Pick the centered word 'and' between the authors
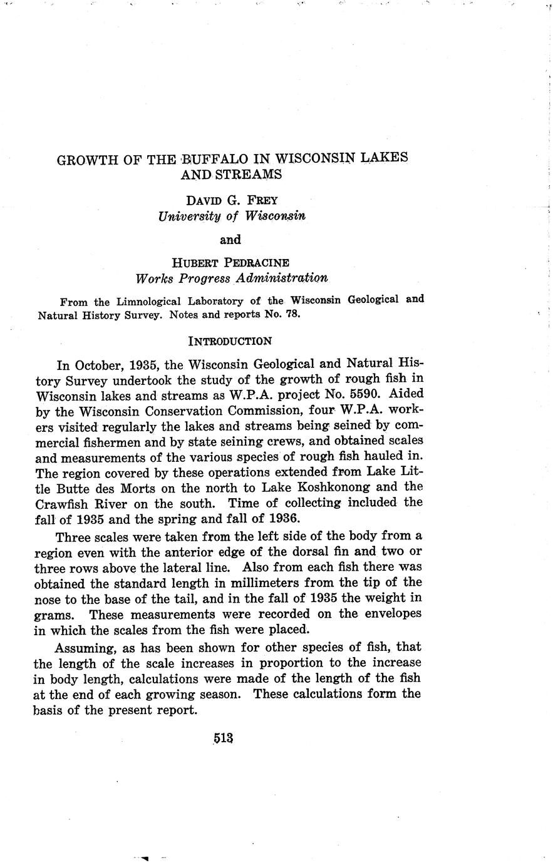(x=230, y=239)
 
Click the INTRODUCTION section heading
(x=230, y=341)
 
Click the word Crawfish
(x=61, y=503)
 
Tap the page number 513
(x=222, y=738)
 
